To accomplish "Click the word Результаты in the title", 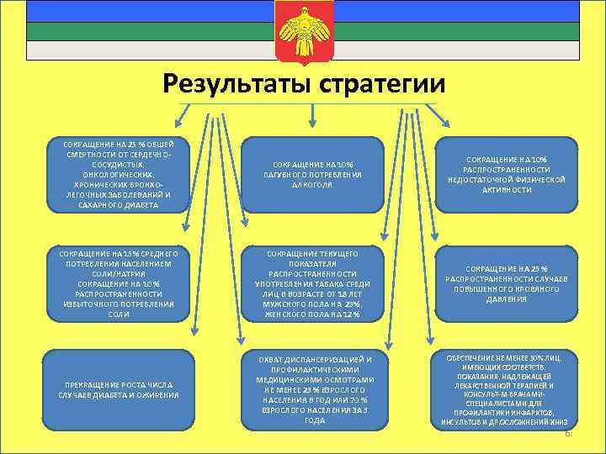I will click(237, 84).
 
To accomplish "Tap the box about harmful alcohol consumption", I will click(312, 173).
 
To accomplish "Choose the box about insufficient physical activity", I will click(508, 173).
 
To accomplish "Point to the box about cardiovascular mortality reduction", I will click(118, 173).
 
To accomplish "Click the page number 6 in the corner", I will click(567, 433).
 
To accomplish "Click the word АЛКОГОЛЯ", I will click(312, 183).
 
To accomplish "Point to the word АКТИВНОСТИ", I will click(508, 190).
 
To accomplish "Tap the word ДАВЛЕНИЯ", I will click(508, 298).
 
